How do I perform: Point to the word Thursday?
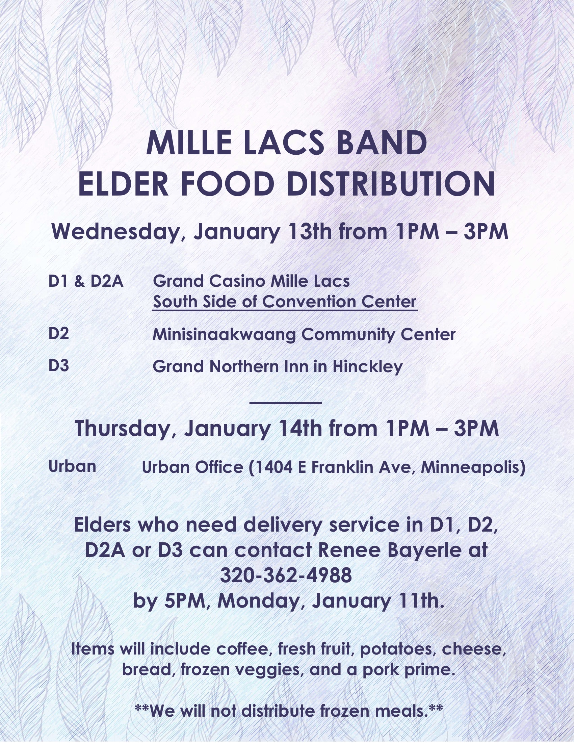[122, 429]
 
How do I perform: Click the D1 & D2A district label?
[86, 281]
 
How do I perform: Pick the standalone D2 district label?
[59, 333]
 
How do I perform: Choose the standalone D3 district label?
[59, 365]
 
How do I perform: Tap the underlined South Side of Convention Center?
[285, 302]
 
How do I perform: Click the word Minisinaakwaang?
[224, 335]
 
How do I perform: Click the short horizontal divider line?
[286, 403]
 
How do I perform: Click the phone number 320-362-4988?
[286, 575]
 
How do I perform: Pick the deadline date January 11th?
[378, 601]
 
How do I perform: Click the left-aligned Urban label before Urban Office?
[73, 466]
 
